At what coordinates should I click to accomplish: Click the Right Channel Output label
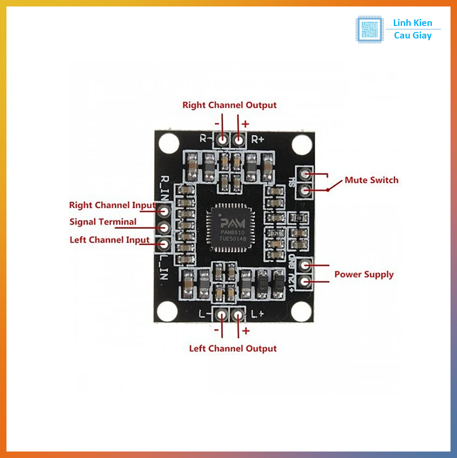tap(229, 105)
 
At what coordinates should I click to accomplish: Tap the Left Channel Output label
tap(233, 349)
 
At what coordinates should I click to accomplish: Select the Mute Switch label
tap(371, 180)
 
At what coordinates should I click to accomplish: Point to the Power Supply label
tap(364, 274)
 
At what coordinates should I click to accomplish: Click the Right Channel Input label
tap(112, 205)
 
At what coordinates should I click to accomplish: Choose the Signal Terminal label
tap(103, 222)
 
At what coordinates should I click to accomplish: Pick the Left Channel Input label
tap(110, 240)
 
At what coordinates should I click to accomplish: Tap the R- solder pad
tap(222, 139)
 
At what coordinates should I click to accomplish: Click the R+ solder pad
tap(238, 139)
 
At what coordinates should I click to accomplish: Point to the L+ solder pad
tap(238, 315)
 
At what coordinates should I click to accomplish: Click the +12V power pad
tap(305, 282)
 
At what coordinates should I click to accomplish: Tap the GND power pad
tap(305, 264)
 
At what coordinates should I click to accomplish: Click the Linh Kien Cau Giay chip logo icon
tap(369, 29)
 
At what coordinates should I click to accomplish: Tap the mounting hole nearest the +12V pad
tap(302, 311)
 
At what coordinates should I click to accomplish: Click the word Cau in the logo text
tap(402, 36)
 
